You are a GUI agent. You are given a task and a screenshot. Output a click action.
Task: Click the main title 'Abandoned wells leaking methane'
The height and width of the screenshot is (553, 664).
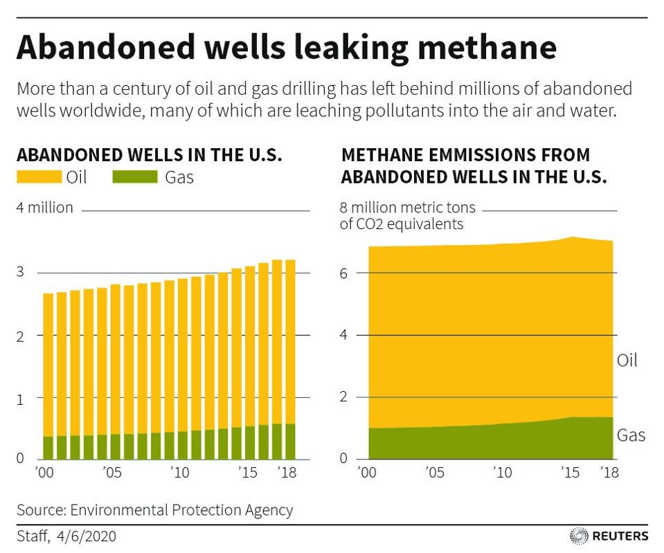pos(286,48)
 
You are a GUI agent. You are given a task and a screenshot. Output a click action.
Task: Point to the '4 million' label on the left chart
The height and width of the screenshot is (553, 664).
pos(44,208)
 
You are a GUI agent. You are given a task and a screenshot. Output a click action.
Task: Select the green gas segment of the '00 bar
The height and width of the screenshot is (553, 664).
pos(48,448)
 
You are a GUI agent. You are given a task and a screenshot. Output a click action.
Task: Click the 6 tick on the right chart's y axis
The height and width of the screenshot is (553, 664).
pos(343,273)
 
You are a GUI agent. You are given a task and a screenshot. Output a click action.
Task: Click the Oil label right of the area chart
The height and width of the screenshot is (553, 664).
pos(626,361)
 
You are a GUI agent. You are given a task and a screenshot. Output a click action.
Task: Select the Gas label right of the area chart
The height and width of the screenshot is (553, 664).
pos(630,435)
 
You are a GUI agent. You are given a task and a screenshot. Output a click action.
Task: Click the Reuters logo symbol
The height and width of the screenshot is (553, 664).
pos(578,536)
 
